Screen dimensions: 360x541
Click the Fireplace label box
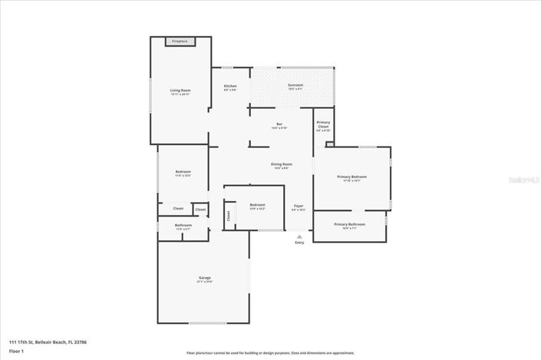(x=180, y=41)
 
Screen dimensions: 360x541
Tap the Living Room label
(x=180, y=91)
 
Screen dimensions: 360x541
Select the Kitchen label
(x=230, y=86)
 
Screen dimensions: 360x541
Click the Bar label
(x=279, y=124)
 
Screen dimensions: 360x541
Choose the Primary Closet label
(x=323, y=124)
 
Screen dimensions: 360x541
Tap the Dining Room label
(x=281, y=164)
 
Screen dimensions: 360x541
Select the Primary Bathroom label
(x=349, y=224)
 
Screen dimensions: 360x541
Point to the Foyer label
(x=299, y=206)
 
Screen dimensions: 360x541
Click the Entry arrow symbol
(x=299, y=236)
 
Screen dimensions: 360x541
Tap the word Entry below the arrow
(x=299, y=243)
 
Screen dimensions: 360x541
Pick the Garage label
(x=204, y=278)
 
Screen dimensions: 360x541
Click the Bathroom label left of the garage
(x=183, y=226)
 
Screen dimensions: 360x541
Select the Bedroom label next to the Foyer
(x=256, y=205)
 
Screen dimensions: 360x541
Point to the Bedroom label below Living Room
(x=183, y=172)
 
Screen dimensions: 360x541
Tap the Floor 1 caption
(x=17, y=351)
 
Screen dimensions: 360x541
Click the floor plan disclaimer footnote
(x=270, y=353)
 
